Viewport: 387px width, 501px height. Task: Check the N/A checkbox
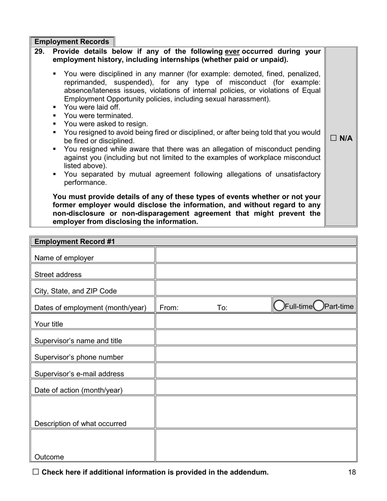coord(333,138)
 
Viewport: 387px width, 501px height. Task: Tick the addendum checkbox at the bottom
coord(35,472)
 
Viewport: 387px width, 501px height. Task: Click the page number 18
coord(352,472)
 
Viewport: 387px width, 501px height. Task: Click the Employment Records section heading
coord(72,42)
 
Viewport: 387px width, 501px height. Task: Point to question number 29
coord(39,52)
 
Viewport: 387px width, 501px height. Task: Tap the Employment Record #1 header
coord(75,242)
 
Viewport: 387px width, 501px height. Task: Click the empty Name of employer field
coord(256,255)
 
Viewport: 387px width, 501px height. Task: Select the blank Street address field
coord(256,272)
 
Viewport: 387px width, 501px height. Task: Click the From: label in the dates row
coord(169,308)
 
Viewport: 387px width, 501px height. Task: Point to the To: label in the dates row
coord(222,308)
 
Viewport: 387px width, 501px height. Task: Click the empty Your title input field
coord(256,321)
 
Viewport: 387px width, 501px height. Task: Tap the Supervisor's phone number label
coord(79,357)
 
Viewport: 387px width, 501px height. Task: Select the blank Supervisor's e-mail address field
coord(256,371)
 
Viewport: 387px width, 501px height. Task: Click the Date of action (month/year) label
coord(78,390)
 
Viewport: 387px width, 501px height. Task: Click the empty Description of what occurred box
coord(256,412)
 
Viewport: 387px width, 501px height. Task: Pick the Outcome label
coord(49,457)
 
